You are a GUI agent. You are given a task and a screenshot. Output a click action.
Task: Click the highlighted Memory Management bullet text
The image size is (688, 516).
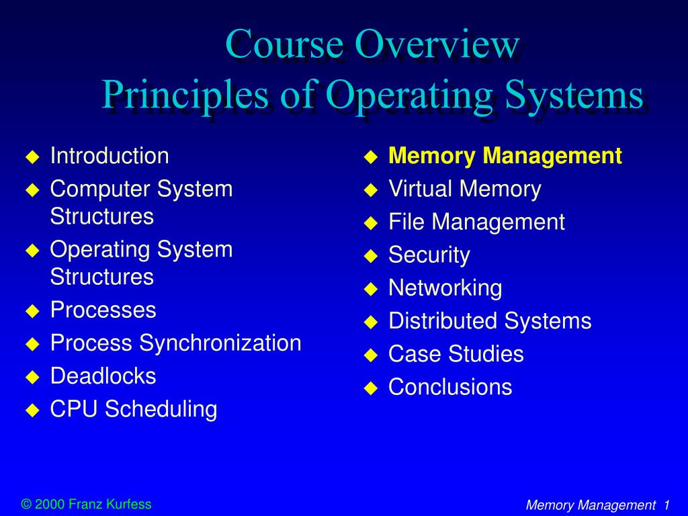tap(505, 157)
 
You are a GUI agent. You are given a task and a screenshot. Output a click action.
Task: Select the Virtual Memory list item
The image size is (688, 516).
tap(464, 189)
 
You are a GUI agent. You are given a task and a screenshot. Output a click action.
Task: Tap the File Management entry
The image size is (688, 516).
tap(476, 222)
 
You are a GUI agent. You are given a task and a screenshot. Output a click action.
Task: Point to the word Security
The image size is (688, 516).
tap(429, 255)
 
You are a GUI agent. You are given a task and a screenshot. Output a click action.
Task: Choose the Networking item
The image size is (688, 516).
tap(445, 288)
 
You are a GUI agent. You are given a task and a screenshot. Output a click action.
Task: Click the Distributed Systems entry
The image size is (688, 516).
tap(490, 321)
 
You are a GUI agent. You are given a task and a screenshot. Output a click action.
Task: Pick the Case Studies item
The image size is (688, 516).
tap(456, 354)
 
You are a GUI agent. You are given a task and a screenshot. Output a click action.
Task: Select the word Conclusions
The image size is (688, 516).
tap(450, 387)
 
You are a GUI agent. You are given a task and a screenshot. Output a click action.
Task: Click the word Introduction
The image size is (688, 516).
tap(110, 157)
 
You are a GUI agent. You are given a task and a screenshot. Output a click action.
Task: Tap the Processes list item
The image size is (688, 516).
tap(103, 310)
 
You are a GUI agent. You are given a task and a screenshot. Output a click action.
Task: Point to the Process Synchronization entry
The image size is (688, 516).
tap(175, 343)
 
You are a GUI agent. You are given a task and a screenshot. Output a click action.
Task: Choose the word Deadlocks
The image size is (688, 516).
tap(103, 376)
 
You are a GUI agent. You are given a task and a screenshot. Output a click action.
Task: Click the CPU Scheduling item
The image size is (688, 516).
tap(134, 409)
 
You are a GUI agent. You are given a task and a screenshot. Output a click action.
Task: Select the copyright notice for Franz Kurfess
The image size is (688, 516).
tap(87, 504)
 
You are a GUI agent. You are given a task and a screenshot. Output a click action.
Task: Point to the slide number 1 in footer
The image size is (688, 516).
tap(666, 505)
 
